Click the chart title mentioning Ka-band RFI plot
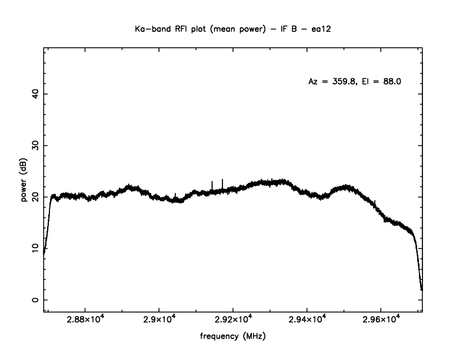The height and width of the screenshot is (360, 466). click(x=232, y=28)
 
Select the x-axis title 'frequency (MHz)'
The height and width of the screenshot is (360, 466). click(x=232, y=337)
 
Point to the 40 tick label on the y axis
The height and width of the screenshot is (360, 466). click(x=34, y=94)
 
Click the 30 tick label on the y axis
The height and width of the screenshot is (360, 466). click(x=34, y=145)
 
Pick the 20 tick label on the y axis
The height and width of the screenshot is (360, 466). click(x=34, y=197)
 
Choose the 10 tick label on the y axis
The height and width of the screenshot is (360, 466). click(x=34, y=248)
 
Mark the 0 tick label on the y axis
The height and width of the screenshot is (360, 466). click(x=34, y=300)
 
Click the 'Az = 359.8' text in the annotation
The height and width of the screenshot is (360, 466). click(x=332, y=82)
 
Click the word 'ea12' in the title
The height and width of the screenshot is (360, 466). click(x=325, y=28)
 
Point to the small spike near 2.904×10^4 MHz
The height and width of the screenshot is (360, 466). click(x=175, y=195)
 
